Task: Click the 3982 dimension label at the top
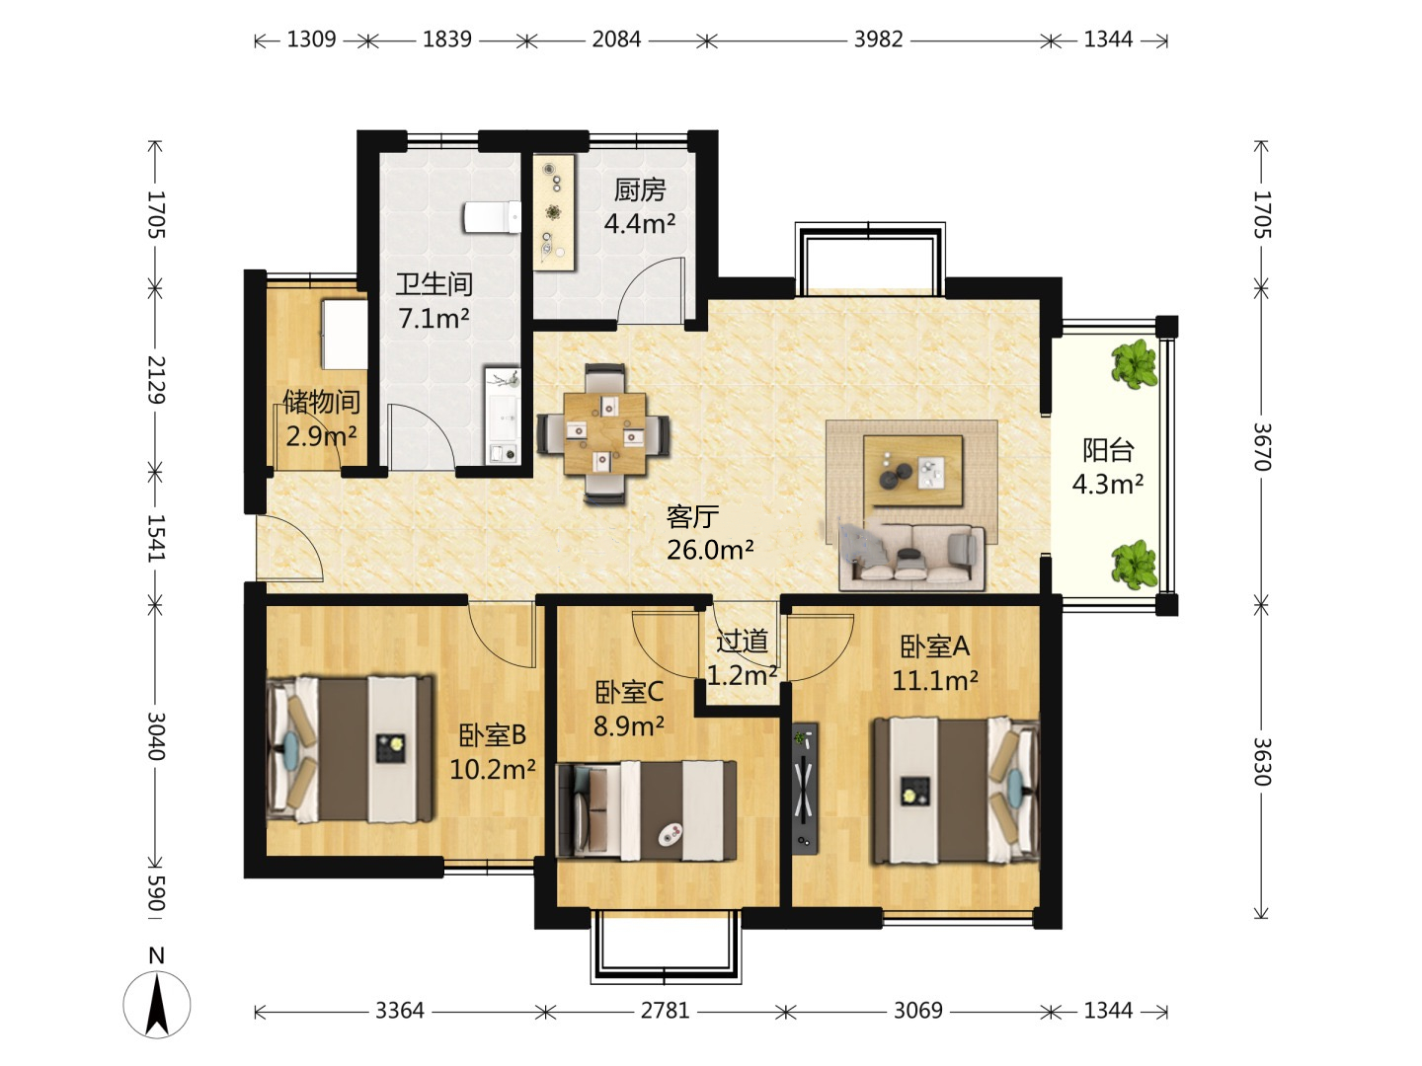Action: click(878, 39)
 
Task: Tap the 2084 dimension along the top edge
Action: click(616, 39)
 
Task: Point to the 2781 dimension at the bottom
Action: click(665, 1011)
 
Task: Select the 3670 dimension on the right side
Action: click(1261, 446)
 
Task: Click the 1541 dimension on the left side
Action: click(156, 538)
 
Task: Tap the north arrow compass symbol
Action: click(157, 997)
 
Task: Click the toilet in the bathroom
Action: click(492, 217)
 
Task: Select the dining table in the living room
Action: click(604, 433)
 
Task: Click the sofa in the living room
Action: click(911, 558)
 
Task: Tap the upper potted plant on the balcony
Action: click(1134, 365)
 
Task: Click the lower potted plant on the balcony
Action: click(1135, 565)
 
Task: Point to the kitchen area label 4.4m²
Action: click(640, 224)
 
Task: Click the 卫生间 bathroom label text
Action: click(434, 284)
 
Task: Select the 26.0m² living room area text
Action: click(710, 550)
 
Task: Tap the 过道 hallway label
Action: click(743, 642)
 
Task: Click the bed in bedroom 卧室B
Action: click(351, 749)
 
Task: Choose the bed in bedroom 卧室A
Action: click(956, 791)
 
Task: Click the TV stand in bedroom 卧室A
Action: click(805, 787)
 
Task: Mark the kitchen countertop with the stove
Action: click(554, 212)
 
